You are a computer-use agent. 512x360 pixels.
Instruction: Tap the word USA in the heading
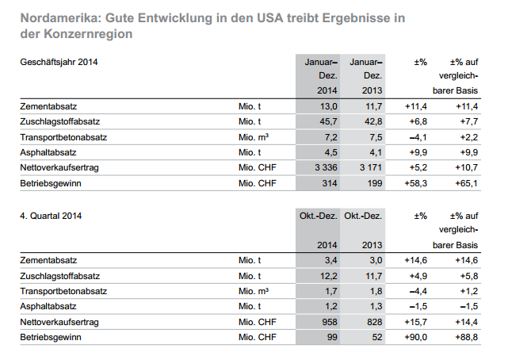point(269,18)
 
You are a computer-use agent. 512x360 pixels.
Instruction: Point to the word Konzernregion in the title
point(88,34)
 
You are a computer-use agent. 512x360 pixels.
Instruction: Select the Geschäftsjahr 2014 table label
point(59,62)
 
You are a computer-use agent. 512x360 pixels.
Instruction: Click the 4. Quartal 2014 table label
point(51,216)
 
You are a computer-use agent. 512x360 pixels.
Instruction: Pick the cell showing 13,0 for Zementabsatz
point(328,106)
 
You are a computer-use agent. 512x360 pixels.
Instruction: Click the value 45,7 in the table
point(328,122)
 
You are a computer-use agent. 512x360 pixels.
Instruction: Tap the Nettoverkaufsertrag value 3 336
point(326,167)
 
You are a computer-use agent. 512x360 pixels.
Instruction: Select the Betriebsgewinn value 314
point(330,183)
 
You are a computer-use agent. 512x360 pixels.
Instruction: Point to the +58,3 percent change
point(415,183)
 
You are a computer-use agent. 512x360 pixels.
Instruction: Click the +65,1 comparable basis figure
point(467,183)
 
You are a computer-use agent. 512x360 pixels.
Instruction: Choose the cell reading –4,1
point(418,137)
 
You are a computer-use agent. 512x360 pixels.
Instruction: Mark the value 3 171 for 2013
point(371,167)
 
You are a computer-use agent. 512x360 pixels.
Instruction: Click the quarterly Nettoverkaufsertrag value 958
point(330,322)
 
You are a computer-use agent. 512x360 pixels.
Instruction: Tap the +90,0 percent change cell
point(415,337)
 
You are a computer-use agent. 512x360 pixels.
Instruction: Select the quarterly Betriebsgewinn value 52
point(376,337)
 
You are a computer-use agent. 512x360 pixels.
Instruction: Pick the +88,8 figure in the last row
point(467,337)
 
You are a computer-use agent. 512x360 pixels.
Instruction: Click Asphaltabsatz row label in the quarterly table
point(48,306)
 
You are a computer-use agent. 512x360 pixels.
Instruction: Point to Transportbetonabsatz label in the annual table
point(63,137)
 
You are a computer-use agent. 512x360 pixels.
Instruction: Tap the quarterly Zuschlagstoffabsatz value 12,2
point(328,276)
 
